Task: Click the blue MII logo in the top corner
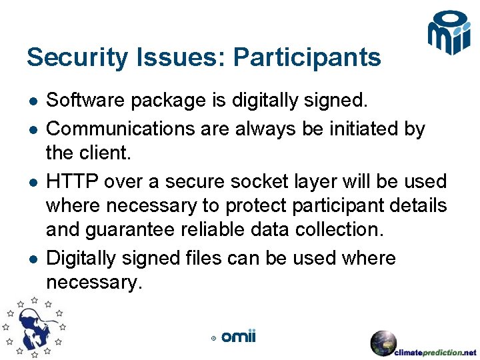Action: pyautogui.click(x=449, y=33)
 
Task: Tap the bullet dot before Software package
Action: pyautogui.click(x=33, y=101)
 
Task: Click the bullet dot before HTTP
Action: pyautogui.click(x=33, y=181)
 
